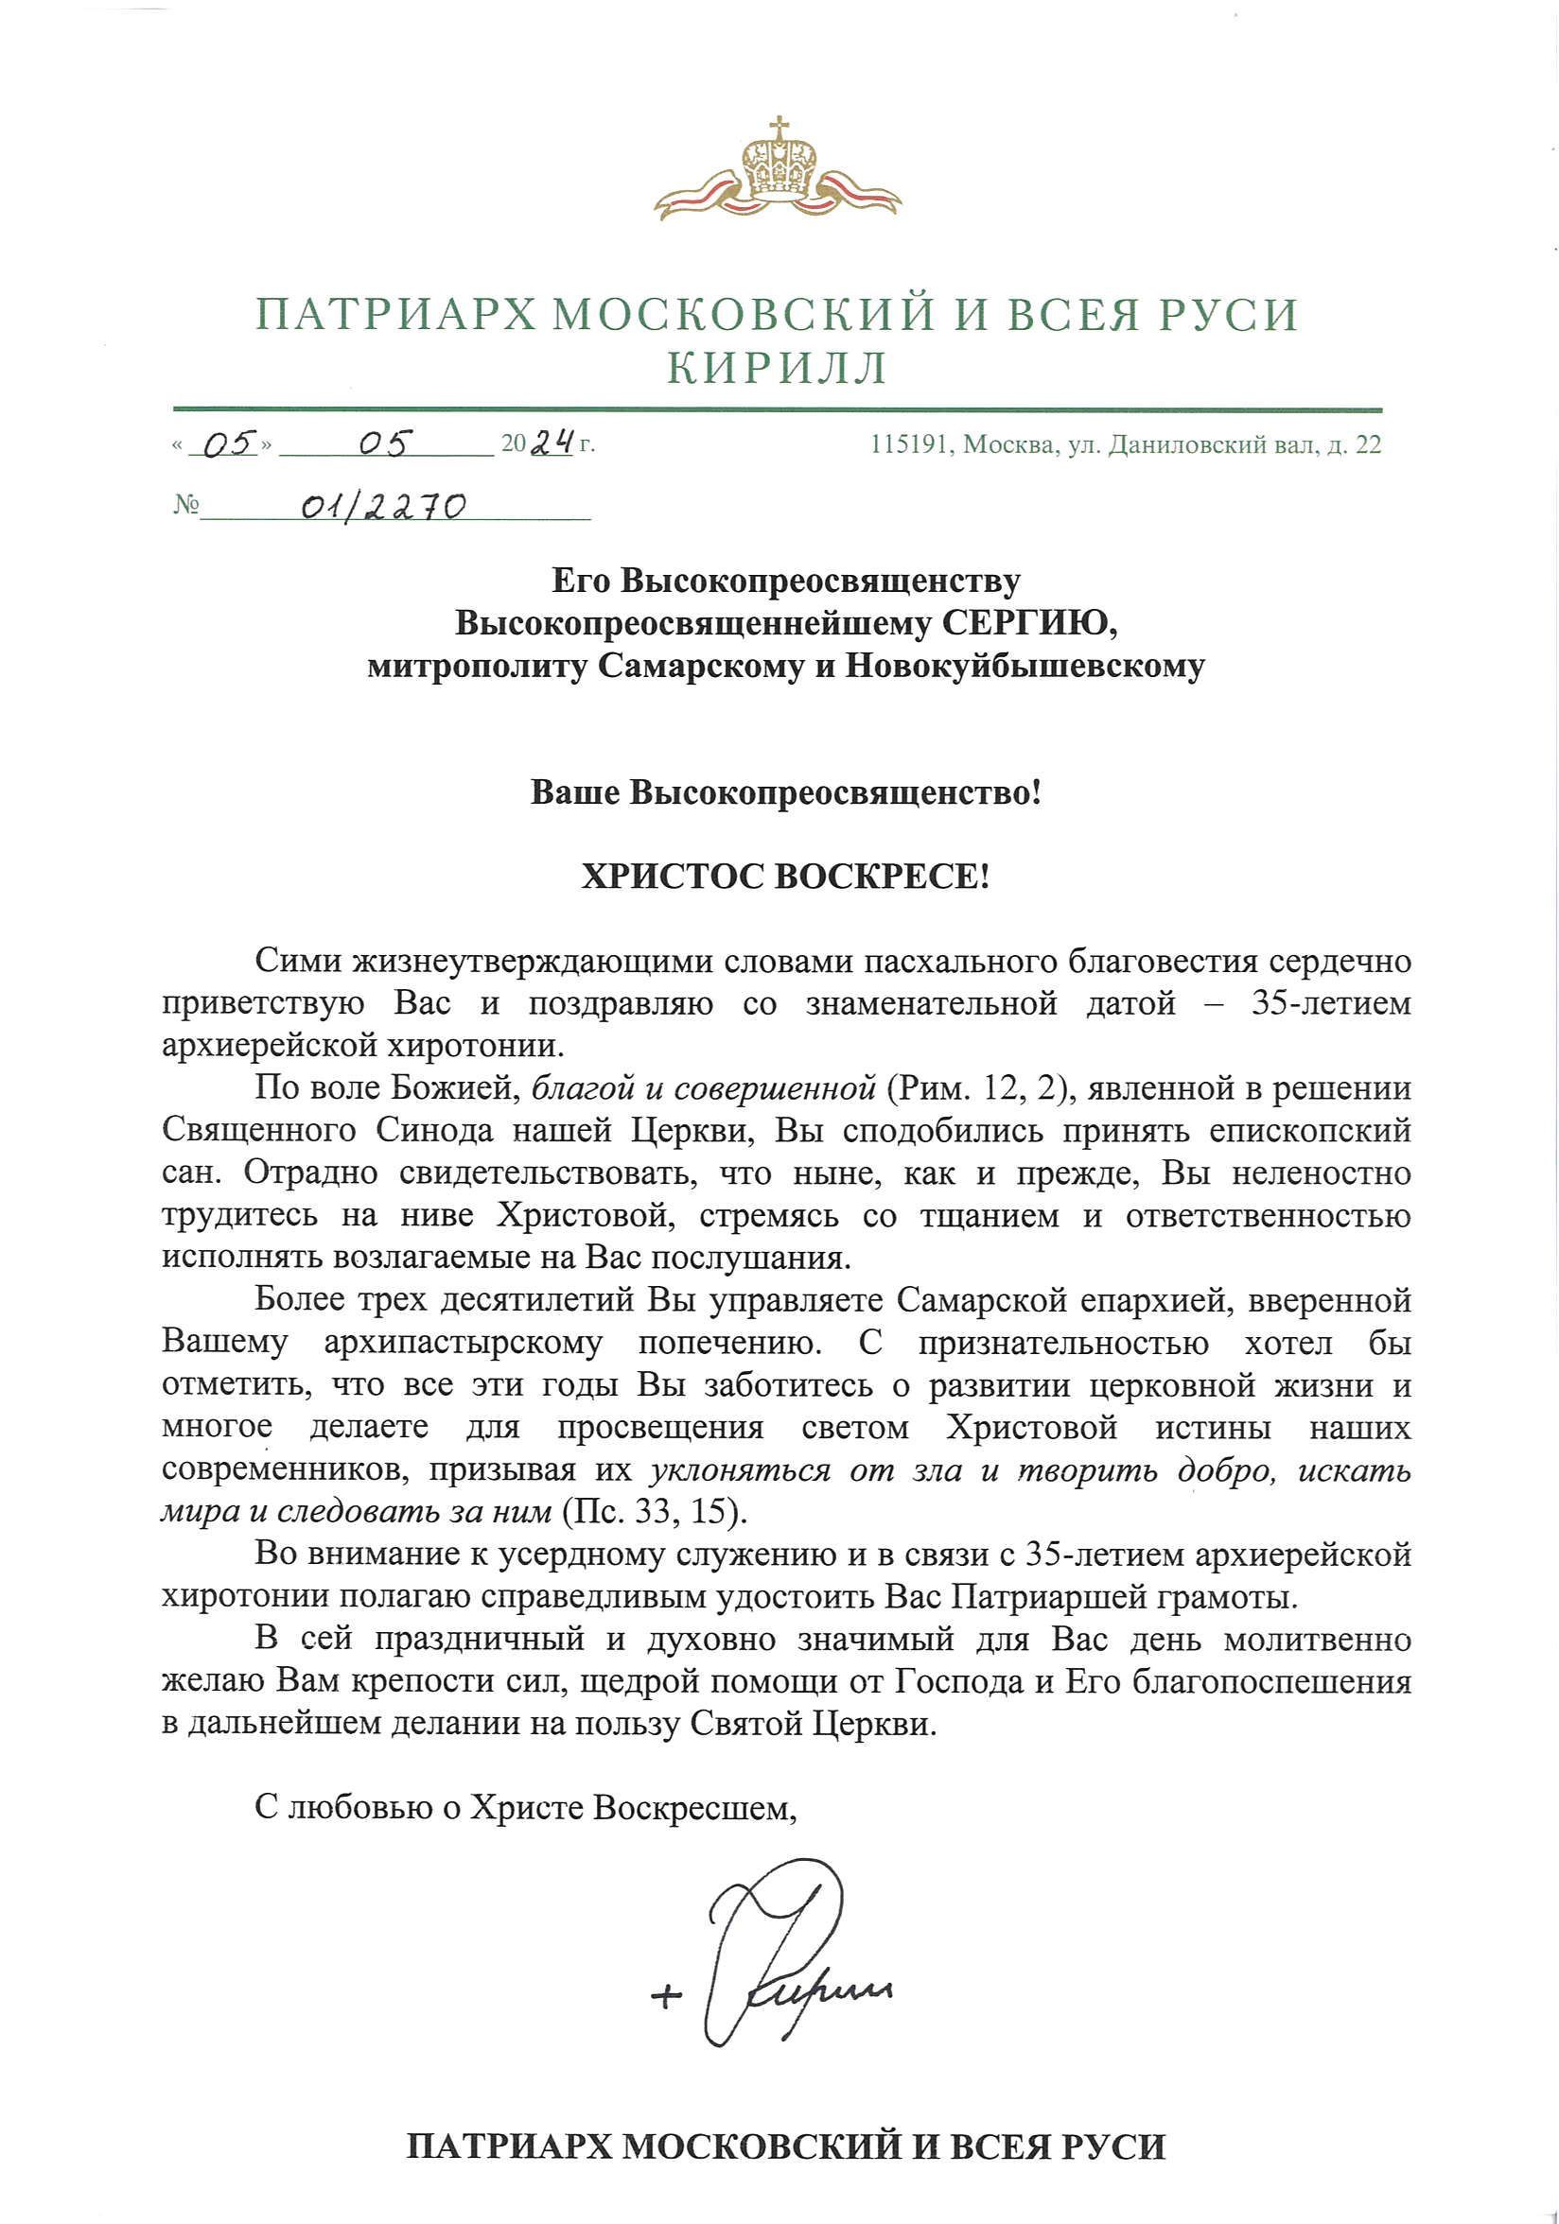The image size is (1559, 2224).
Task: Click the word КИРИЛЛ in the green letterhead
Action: click(778, 367)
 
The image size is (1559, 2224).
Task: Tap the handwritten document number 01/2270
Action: click(384, 506)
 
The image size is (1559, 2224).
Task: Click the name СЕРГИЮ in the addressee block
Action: click(1031, 623)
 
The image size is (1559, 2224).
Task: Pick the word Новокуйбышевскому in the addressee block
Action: click(1025, 667)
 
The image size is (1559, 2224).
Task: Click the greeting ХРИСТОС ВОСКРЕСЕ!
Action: click(785, 877)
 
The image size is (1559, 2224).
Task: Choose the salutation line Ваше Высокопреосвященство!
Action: click(785, 793)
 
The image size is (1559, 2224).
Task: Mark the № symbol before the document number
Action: click(185, 506)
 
